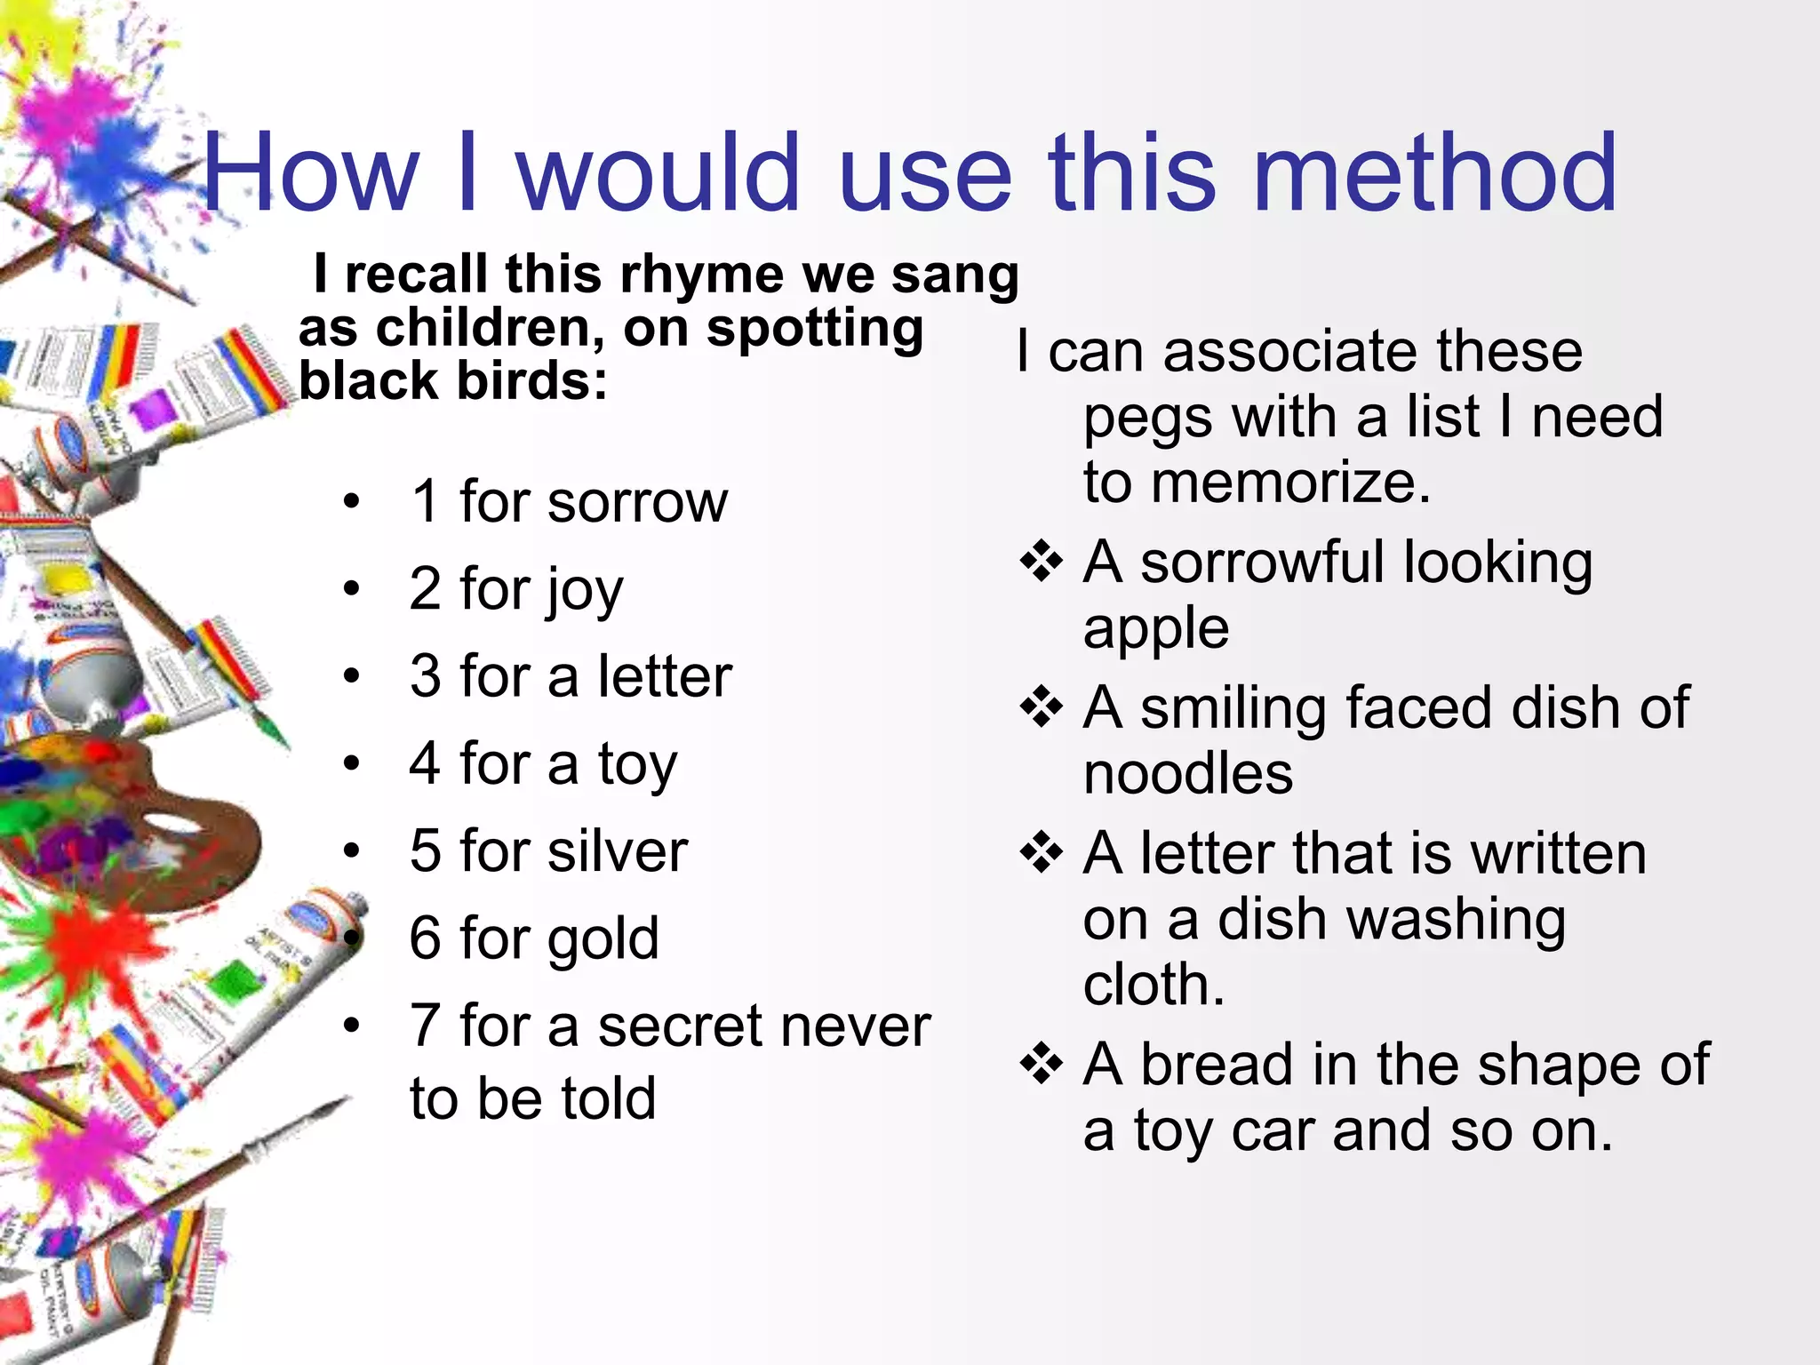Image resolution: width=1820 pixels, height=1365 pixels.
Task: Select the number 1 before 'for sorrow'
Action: (x=426, y=502)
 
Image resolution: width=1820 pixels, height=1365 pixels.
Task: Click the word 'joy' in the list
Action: (x=584, y=591)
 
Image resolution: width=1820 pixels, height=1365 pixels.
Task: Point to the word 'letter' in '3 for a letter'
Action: (x=665, y=676)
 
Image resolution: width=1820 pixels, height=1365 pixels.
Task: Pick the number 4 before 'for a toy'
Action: (x=425, y=763)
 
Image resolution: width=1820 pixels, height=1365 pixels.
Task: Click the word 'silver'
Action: (x=618, y=851)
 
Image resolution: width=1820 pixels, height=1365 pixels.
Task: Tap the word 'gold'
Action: (x=603, y=939)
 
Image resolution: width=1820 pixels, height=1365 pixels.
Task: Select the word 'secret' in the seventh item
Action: (x=675, y=1026)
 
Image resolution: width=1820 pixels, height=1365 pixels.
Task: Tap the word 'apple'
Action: (x=1155, y=629)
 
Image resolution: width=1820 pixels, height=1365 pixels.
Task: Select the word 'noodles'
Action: (x=1187, y=773)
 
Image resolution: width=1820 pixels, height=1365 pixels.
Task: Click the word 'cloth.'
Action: (x=1153, y=985)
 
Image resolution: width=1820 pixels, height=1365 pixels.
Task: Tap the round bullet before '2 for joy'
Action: (x=352, y=589)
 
